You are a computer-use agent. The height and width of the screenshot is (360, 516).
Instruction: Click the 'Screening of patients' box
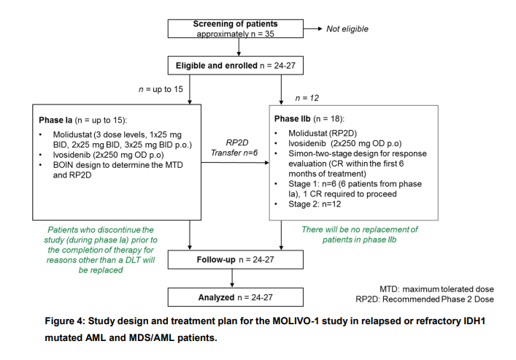(x=235, y=28)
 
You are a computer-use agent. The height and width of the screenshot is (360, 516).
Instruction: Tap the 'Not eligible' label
(x=347, y=29)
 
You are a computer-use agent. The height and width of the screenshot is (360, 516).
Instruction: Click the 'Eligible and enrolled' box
(x=235, y=66)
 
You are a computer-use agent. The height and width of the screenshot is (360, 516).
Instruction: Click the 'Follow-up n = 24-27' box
(x=235, y=258)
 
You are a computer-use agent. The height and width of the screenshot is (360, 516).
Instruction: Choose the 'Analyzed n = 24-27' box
(x=235, y=296)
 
